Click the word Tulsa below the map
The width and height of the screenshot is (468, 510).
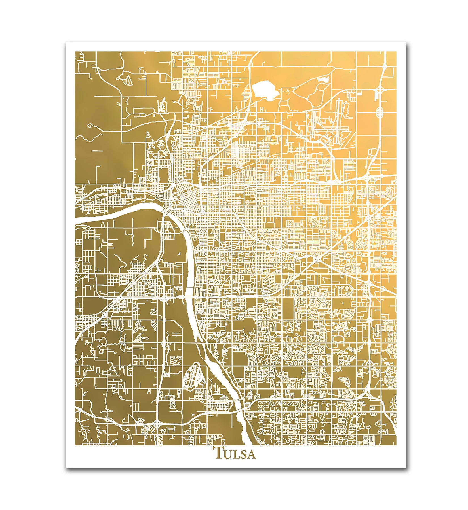[235, 461]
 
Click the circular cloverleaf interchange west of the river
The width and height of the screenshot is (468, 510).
[164, 298]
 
